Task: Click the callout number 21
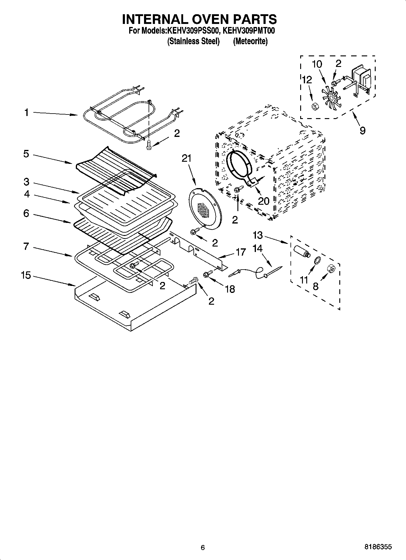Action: coord(187,158)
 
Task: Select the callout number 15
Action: coord(26,276)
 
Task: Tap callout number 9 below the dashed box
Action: coord(362,131)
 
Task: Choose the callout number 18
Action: coord(230,289)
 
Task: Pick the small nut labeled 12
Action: coord(314,107)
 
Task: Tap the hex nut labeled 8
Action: coord(331,269)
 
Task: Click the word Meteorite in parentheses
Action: coord(250,41)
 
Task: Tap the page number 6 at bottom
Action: coord(203,547)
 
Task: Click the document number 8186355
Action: coord(378,547)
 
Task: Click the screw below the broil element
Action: coord(149,144)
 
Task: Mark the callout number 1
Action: coord(26,113)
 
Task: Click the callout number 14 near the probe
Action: coord(257,248)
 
